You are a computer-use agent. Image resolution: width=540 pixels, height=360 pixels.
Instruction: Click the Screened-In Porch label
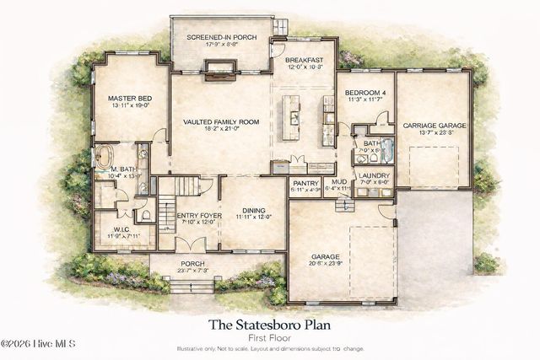tap(222, 37)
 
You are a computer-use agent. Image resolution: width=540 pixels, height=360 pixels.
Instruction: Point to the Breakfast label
tap(304, 61)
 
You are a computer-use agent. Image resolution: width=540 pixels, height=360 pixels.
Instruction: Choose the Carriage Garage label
tap(434, 126)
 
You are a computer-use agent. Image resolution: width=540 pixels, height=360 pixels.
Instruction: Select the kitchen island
tap(294, 119)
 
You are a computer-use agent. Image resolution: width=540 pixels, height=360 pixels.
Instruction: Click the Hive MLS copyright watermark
tap(39, 344)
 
